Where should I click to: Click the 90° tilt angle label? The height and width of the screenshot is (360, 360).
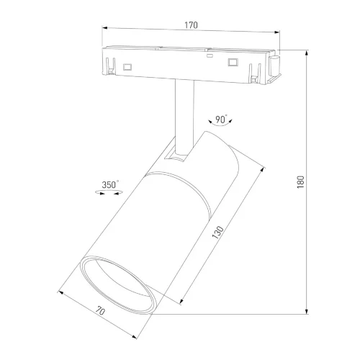pyautogui.click(x=220, y=119)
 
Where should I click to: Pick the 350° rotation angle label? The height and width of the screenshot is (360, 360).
pyautogui.click(x=109, y=184)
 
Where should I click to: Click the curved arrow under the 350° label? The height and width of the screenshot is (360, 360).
pyautogui.click(x=109, y=194)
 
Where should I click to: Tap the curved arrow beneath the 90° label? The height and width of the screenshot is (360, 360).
pyautogui.click(x=220, y=127)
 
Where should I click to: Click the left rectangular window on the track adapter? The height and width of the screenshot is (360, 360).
pyautogui.click(x=127, y=67)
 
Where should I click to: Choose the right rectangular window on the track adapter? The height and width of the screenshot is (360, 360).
pyautogui.click(x=232, y=63)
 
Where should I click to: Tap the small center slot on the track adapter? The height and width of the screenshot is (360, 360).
pyautogui.click(x=208, y=55)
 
